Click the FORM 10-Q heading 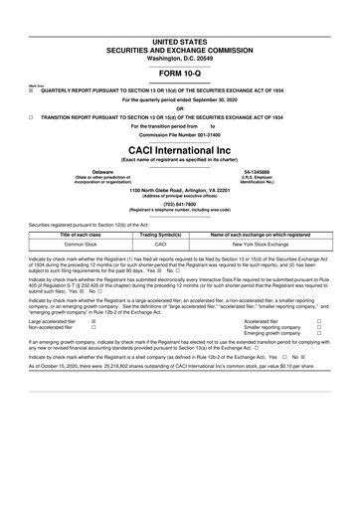tap(180, 74)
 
